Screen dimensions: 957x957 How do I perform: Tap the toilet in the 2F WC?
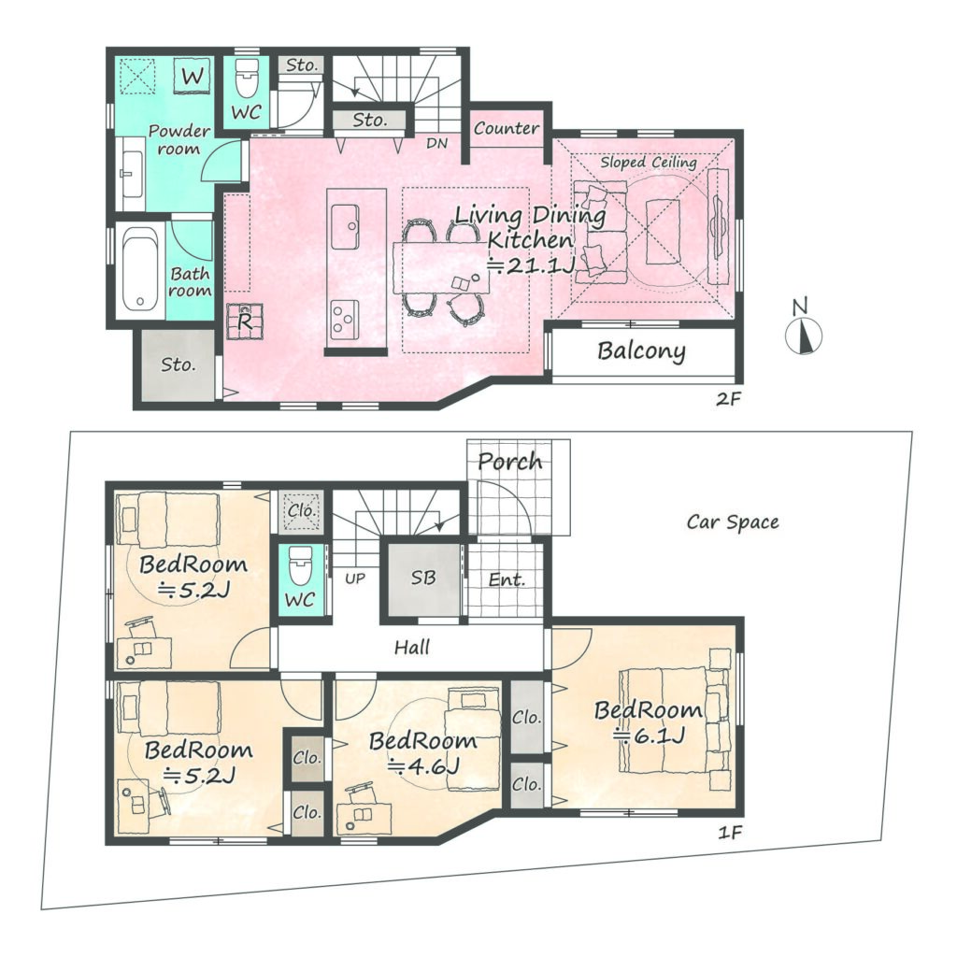click(x=247, y=79)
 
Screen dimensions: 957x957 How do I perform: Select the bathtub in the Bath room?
click(x=140, y=269)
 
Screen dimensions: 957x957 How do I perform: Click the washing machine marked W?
click(x=193, y=77)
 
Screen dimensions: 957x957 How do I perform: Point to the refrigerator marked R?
click(x=245, y=321)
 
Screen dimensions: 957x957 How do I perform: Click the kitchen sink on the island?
click(x=345, y=226)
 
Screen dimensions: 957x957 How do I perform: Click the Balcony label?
click(x=641, y=351)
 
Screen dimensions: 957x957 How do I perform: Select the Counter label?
click(x=506, y=128)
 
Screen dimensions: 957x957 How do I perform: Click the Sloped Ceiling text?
click(x=649, y=162)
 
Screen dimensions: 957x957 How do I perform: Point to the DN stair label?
click(x=437, y=143)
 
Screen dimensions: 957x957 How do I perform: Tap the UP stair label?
click(x=355, y=578)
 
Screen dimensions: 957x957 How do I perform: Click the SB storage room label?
click(x=423, y=578)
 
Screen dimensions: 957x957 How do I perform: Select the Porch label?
click(x=509, y=462)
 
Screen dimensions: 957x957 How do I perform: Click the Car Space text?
click(x=733, y=522)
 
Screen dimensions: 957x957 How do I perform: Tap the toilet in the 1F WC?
click(x=300, y=565)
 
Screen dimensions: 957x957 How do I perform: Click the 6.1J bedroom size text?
click(x=650, y=736)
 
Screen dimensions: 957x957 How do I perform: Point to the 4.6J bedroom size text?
click(x=423, y=764)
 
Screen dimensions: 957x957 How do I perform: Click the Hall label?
click(x=412, y=647)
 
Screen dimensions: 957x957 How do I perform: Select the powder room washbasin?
click(x=131, y=173)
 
